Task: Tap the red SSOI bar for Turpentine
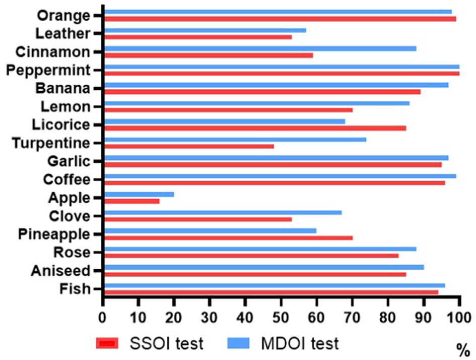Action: click(189, 146)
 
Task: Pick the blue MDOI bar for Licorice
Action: click(224, 121)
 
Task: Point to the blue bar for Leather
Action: click(205, 30)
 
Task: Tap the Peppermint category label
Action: click(48, 70)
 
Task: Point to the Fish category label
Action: click(74, 289)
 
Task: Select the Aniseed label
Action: click(60, 271)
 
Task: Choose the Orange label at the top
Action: click(63, 16)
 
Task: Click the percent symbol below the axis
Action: click(460, 347)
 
